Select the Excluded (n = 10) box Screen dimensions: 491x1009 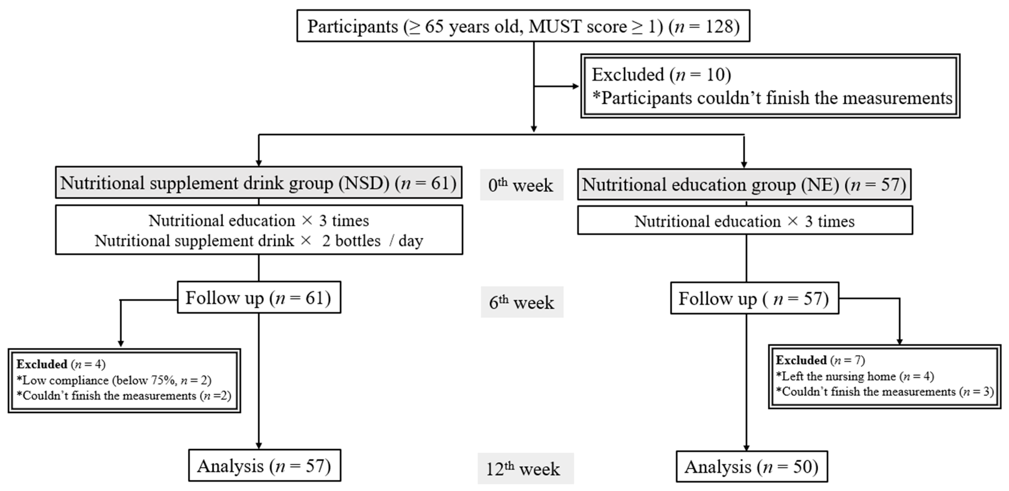point(770,86)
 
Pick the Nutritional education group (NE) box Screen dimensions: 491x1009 point(744,184)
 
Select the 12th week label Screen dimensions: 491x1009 point(525,469)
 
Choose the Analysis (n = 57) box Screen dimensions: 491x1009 point(264,466)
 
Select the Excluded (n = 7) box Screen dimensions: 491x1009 point(884,376)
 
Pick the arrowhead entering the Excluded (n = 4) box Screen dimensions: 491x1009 point(121,344)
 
